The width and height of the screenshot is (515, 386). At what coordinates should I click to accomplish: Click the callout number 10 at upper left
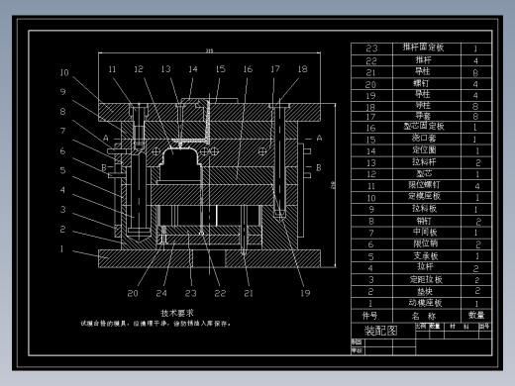[x=63, y=72]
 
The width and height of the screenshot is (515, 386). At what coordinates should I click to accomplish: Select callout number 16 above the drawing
[x=248, y=69]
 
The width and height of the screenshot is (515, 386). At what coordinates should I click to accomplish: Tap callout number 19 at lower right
[x=305, y=293]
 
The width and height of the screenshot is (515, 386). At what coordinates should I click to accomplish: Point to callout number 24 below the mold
[x=161, y=293]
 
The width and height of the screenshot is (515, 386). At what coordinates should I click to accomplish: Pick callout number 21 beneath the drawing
[x=249, y=293]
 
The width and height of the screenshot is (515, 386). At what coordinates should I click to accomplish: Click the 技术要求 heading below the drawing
[x=162, y=312]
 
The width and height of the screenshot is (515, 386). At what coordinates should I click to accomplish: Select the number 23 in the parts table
[x=372, y=48]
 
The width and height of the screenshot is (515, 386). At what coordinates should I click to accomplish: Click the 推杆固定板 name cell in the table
[x=424, y=48]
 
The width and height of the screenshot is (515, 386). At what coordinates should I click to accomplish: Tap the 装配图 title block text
[x=380, y=331]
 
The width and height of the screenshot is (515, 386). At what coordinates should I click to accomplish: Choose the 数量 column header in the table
[x=476, y=315]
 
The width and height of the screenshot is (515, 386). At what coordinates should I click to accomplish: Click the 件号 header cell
[x=370, y=315]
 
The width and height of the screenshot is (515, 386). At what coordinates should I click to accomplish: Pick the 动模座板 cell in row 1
[x=424, y=303]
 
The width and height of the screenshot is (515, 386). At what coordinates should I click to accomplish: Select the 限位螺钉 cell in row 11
[x=424, y=185]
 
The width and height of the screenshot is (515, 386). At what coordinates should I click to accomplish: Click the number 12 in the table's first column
[x=372, y=173]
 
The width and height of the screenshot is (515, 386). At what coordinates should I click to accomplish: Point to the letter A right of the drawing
[x=320, y=139]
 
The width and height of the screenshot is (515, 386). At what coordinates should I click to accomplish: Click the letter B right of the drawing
[x=320, y=169]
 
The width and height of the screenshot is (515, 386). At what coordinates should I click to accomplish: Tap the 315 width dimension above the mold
[x=209, y=50]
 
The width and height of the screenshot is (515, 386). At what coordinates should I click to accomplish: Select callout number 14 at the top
[x=193, y=69]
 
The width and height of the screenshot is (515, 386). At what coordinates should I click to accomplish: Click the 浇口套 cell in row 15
[x=424, y=139]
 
